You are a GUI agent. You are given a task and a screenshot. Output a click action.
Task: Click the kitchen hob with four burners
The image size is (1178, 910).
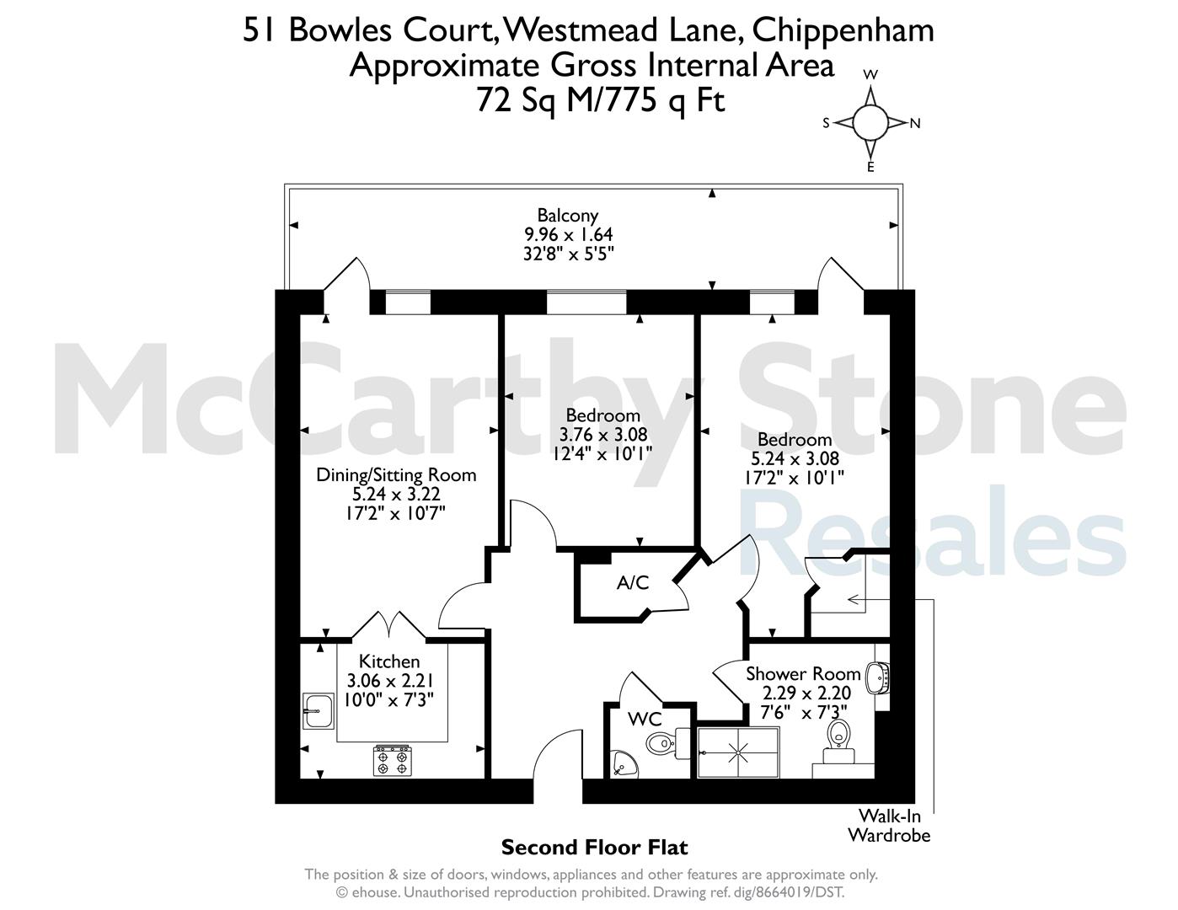tap(392, 761)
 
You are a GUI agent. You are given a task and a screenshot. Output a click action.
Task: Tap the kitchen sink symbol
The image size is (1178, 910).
tap(319, 711)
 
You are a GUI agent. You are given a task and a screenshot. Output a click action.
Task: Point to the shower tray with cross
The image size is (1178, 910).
tap(738, 752)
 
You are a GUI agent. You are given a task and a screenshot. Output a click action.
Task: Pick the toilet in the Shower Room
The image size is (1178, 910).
tap(838, 743)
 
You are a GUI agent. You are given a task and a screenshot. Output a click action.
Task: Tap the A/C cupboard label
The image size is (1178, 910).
tap(633, 583)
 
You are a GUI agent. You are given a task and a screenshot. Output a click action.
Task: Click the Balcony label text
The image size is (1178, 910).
tap(568, 216)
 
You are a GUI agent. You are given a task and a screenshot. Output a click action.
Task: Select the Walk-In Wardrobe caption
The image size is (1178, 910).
tap(889, 826)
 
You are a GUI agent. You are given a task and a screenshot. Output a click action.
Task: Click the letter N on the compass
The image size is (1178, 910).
tap(915, 124)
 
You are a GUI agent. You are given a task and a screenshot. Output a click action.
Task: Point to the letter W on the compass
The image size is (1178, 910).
tap(870, 74)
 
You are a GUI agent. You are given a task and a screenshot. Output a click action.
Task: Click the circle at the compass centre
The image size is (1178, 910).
tap(870, 123)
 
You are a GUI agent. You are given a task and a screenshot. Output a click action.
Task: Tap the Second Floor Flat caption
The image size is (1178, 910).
tap(594, 847)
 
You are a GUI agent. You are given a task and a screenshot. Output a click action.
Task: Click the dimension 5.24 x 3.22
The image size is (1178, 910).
tap(396, 495)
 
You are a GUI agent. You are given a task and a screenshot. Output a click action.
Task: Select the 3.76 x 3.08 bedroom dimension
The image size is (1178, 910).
tap(603, 434)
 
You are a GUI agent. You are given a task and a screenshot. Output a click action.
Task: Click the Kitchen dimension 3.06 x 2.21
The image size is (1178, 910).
tap(390, 681)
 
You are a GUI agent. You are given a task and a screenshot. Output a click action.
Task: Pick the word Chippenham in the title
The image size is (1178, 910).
tap(843, 31)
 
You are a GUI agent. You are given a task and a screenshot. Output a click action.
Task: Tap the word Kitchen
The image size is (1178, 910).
tap(389, 661)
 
